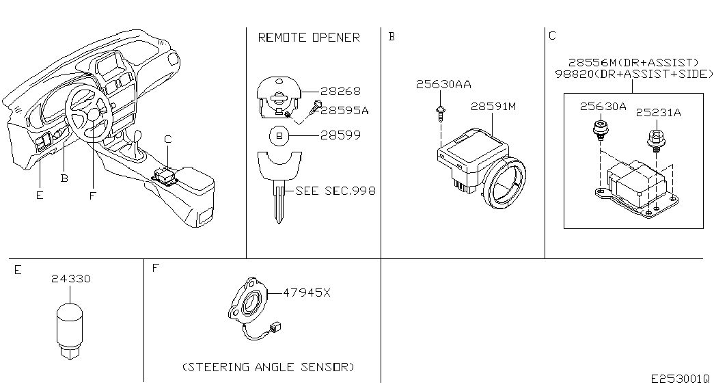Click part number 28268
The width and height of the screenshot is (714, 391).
[x=340, y=91]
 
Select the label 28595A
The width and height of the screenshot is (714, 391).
[x=344, y=111]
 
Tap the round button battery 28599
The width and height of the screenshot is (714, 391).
[x=279, y=135]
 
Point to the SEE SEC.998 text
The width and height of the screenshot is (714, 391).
[x=335, y=191]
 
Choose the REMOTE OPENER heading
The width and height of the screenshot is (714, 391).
[x=309, y=38]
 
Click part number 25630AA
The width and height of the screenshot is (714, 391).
[x=443, y=84]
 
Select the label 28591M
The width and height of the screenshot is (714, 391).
[x=493, y=106]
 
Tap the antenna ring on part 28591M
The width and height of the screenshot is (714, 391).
[x=504, y=183]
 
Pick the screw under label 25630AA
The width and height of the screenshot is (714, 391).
[x=440, y=113]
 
